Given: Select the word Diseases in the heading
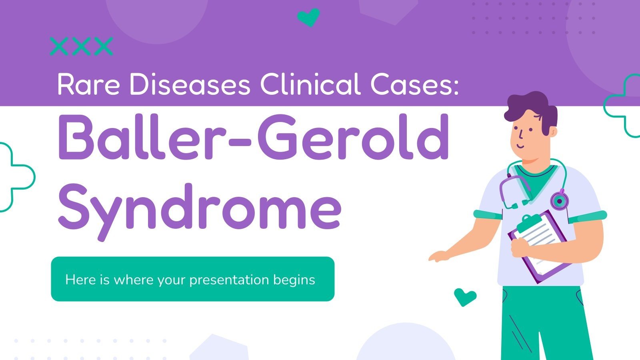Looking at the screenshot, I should coord(190,84).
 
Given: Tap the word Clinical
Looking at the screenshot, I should coord(310,84).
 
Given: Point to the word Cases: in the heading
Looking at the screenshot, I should coord(414,84).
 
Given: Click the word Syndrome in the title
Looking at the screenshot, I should coord(200,208).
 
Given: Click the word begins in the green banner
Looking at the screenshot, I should coord(294,280).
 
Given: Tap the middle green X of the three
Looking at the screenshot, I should coord(81,46).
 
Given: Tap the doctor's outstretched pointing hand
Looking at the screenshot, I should coord(438,256).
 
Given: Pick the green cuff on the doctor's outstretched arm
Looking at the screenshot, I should coord(488,214).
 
